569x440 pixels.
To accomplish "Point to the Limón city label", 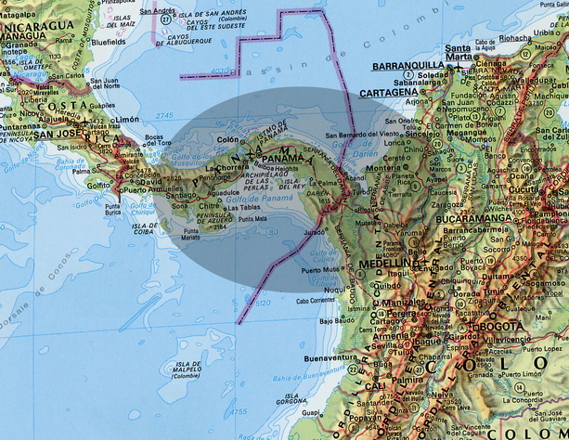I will (126, 120).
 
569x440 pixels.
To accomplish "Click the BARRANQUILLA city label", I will (408, 66).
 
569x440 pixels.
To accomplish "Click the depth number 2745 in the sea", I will (165, 112).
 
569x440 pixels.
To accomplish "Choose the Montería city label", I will (377, 169).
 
